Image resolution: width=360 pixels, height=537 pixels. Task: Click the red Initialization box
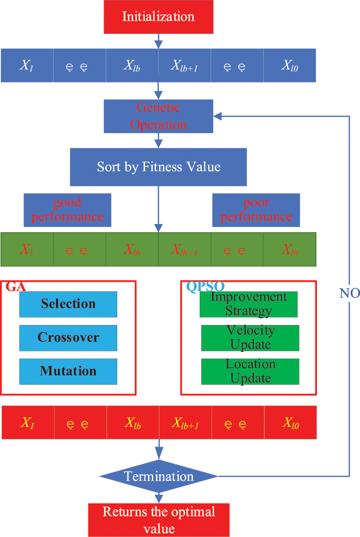tap(158, 17)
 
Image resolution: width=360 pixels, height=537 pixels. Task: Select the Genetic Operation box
tap(158, 116)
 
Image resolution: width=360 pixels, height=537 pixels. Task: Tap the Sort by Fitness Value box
tap(158, 167)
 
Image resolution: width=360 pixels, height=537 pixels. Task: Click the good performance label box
tap(67, 210)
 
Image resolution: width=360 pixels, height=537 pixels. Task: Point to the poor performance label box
tap(256, 210)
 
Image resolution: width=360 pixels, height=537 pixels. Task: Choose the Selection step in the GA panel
tap(68, 304)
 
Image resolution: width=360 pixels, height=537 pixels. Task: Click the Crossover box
tap(68, 337)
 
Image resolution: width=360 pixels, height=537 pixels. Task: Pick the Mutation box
tap(68, 371)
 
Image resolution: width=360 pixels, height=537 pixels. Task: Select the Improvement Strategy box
tap(248, 304)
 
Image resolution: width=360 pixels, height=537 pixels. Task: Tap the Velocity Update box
tap(250, 337)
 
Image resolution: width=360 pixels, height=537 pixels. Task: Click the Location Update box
tap(250, 371)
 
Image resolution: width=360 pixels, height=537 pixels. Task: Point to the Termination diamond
tap(158, 476)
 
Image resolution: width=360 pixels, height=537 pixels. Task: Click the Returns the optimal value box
tap(158, 519)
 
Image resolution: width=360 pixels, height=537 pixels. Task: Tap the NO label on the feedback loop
tap(349, 293)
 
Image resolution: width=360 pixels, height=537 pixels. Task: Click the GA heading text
tap(16, 287)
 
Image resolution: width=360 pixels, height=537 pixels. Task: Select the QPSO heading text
tap(205, 287)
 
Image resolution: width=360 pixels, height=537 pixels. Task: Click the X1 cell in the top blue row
tap(26, 66)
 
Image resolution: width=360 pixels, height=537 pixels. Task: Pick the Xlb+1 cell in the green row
tap(184, 249)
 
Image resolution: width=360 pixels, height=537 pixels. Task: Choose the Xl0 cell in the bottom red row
tap(290, 423)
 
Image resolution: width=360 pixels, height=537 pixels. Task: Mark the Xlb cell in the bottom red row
tap(133, 423)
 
